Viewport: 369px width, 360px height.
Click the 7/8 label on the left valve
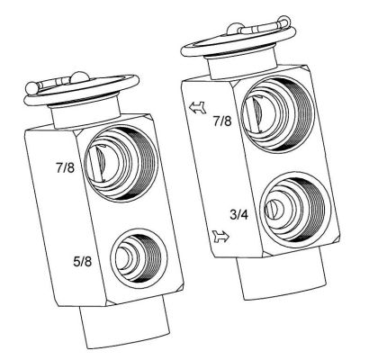pos(65,167)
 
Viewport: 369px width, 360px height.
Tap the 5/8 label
pos(82,262)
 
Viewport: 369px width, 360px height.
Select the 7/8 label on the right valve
pos(222,121)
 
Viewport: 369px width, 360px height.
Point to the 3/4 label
pos(239,214)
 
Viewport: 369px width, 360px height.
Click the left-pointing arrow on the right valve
pos(197,107)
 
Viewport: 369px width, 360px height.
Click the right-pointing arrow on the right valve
pos(220,238)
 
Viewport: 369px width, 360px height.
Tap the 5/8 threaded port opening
pos(139,256)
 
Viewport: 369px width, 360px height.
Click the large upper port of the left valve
pos(121,164)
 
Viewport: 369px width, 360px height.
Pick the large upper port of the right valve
pos(278,112)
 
